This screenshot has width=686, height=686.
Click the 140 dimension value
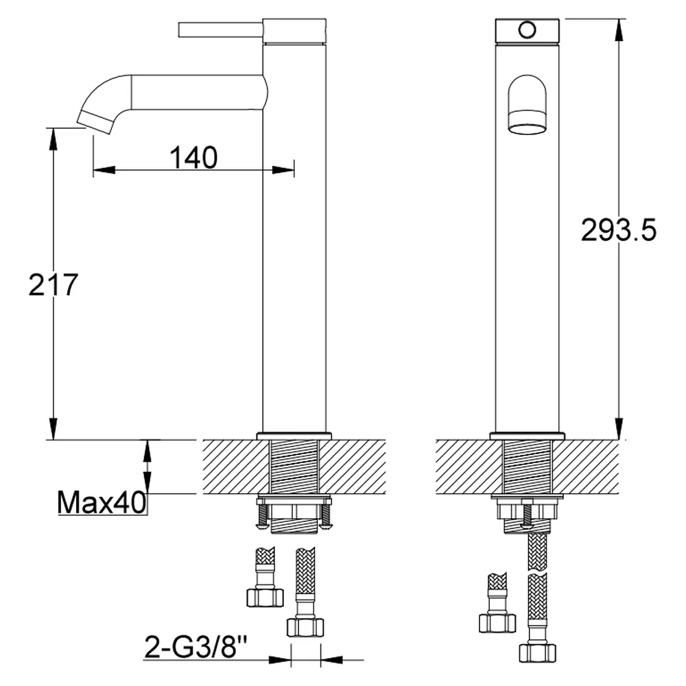point(193,158)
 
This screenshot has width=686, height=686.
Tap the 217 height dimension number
point(53,285)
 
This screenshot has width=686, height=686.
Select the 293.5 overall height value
point(619,230)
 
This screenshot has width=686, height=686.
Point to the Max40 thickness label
point(102,502)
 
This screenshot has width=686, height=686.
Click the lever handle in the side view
point(220,29)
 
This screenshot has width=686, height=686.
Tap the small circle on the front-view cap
point(527,29)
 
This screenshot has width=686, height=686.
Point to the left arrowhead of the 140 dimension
point(104,169)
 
